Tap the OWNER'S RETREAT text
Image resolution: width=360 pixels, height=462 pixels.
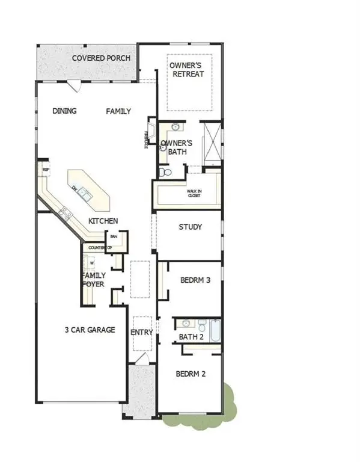186,69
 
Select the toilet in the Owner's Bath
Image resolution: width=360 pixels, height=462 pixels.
166,172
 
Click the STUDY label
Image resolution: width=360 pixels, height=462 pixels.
190,227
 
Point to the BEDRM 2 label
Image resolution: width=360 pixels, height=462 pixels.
191,374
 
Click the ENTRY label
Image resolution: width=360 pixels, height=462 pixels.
141,332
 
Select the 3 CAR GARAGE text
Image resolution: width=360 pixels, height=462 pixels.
90,330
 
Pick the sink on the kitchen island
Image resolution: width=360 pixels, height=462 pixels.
85,193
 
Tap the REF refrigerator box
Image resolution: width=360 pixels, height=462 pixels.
45,170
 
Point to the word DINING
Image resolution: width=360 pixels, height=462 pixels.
64,111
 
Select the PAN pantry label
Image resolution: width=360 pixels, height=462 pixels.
112,237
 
